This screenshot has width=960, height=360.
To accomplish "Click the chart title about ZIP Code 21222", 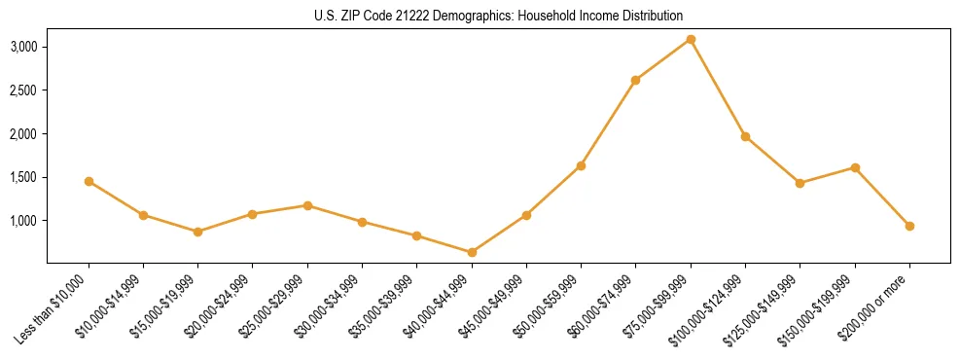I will click(499, 16).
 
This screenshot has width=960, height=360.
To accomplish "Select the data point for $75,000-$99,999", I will click(691, 39).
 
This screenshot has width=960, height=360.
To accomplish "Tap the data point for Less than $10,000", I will click(89, 181).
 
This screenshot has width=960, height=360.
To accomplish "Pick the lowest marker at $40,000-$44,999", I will click(472, 252).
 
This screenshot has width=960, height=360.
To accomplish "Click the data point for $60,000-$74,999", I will click(635, 80).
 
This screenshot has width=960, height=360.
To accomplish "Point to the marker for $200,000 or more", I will click(909, 226).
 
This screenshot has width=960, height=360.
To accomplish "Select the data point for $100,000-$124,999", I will click(745, 136).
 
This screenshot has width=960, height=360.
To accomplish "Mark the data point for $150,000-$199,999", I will click(855, 167).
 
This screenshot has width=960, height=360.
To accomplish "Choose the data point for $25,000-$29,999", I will click(307, 205).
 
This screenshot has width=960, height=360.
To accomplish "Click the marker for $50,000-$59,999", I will click(581, 165).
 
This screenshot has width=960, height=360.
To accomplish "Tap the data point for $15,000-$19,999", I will click(198, 232).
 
